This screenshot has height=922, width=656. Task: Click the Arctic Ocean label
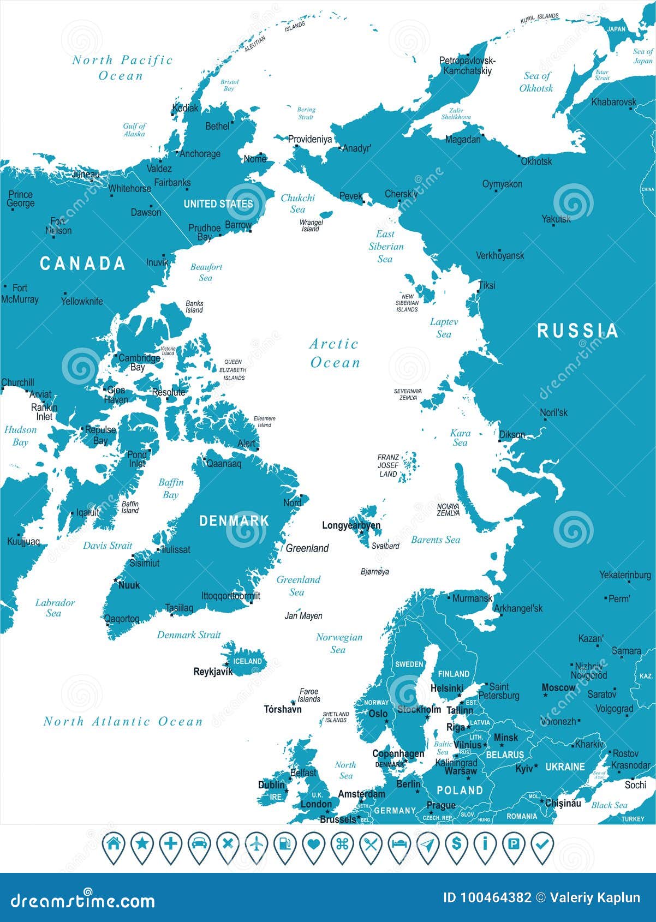coord(335,354)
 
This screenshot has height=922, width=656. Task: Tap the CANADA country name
coord(82,264)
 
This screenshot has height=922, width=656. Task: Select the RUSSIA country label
coord(578,331)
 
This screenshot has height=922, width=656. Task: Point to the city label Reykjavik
coord(213,672)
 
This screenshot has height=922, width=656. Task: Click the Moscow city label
coord(558,688)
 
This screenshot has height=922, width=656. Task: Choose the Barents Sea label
coord(435,540)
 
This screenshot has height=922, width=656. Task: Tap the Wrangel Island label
coord(311,225)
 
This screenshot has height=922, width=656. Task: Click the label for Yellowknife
coord(82,301)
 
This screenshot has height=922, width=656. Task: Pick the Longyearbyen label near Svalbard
coord(351,525)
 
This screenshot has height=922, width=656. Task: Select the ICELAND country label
coord(247,661)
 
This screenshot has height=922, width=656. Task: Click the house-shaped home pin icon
coord(114,845)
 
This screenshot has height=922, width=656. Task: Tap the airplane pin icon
coord(257,845)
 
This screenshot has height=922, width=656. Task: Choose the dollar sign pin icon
coord(456,845)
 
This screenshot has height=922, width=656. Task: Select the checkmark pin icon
coord(542,845)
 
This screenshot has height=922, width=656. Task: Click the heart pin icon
coord(313,845)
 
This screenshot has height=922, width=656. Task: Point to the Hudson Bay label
coord(20,436)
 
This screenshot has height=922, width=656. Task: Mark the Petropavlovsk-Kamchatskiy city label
coord(467,65)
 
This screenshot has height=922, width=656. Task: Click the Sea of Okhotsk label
coord(536,82)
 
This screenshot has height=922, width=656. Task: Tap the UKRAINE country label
coord(565,767)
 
